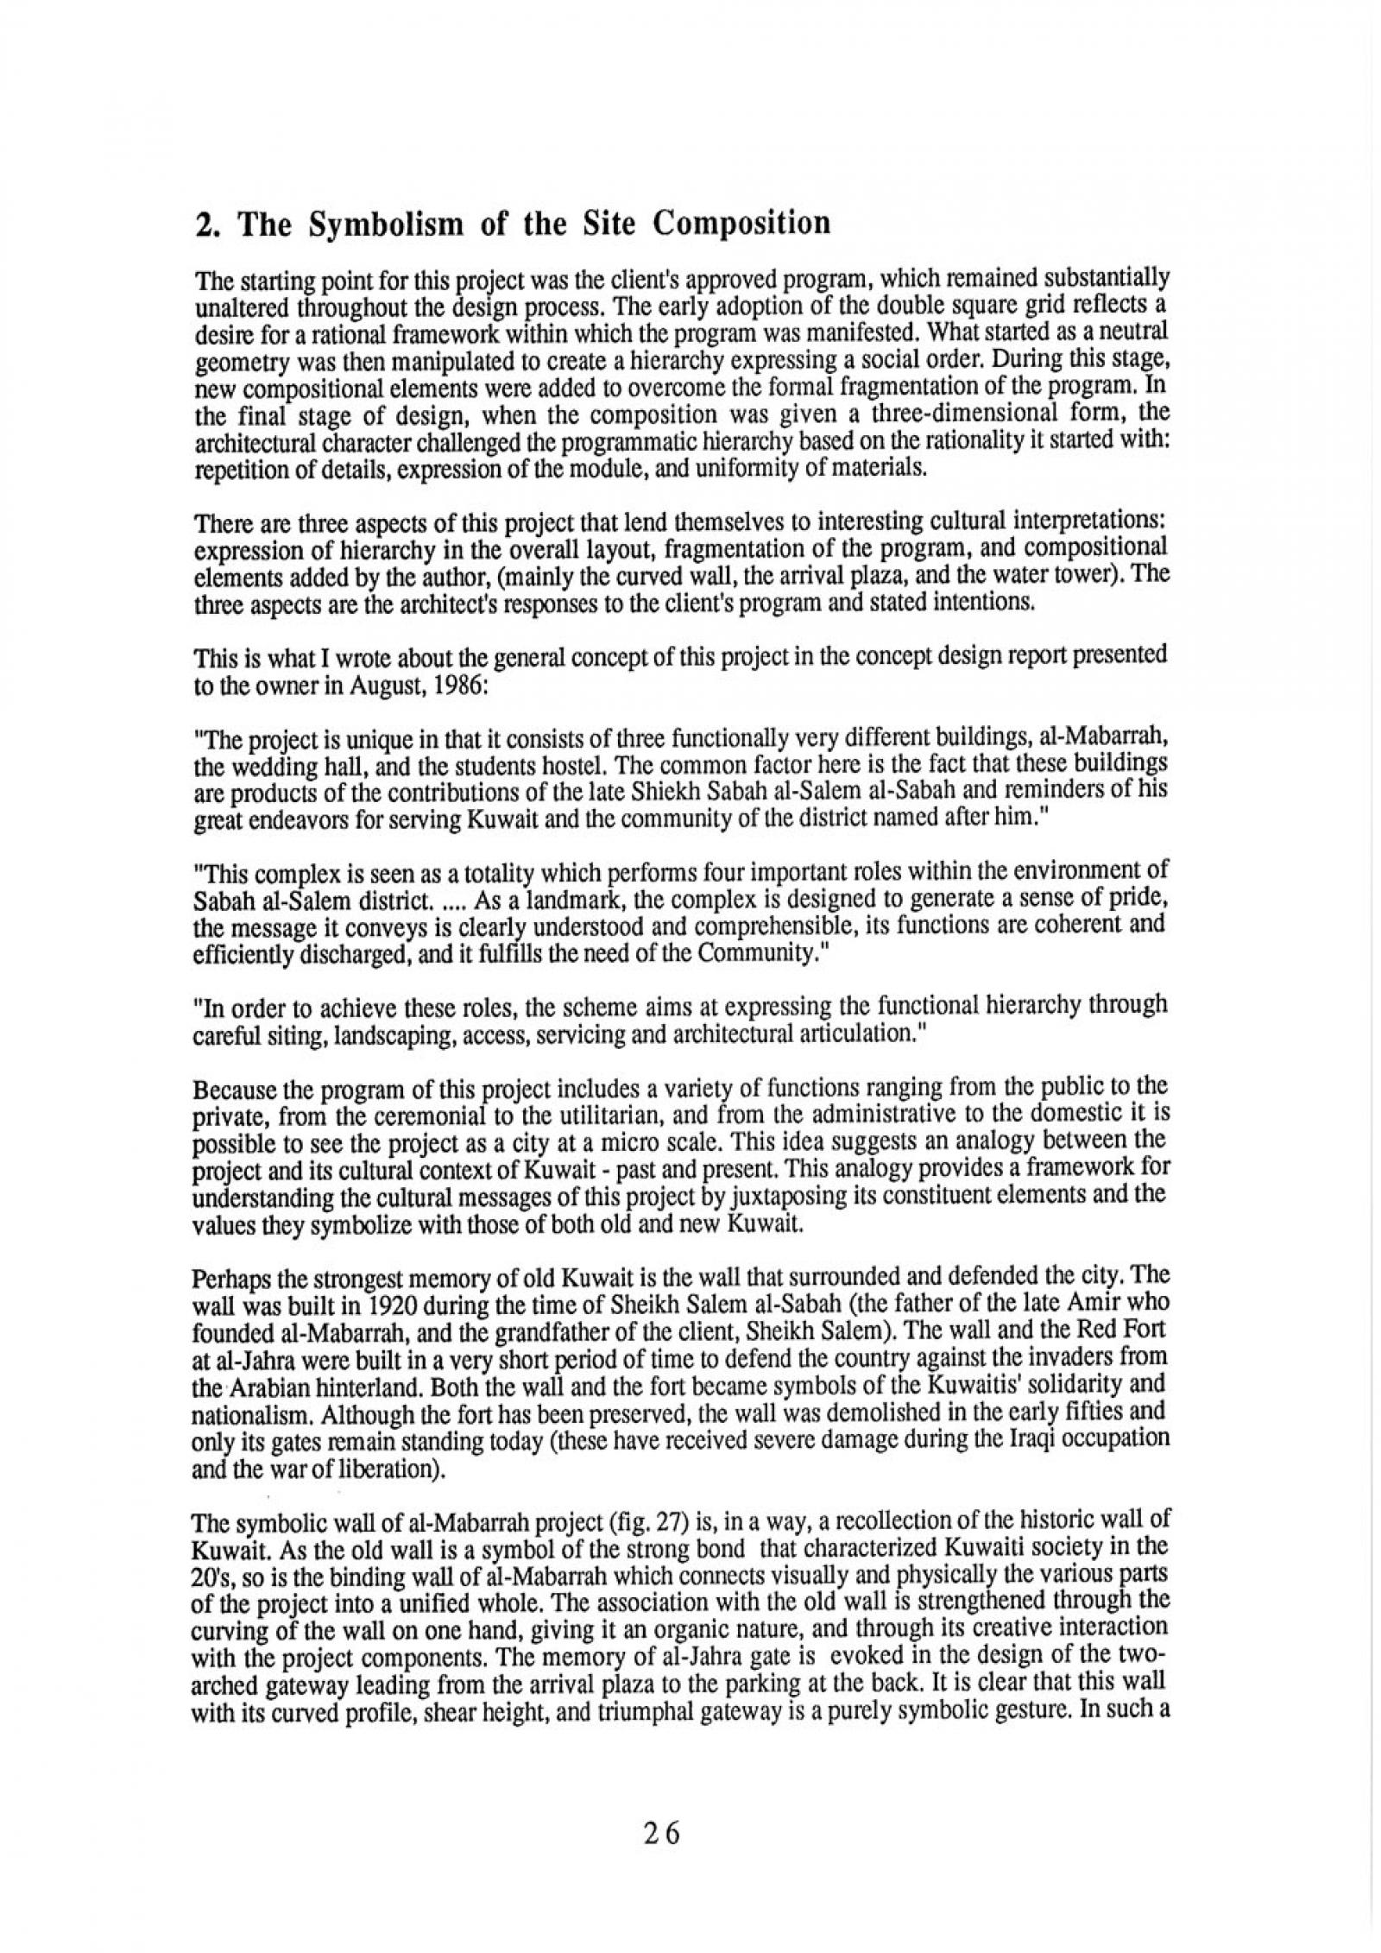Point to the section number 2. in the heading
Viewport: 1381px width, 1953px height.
pos(207,224)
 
